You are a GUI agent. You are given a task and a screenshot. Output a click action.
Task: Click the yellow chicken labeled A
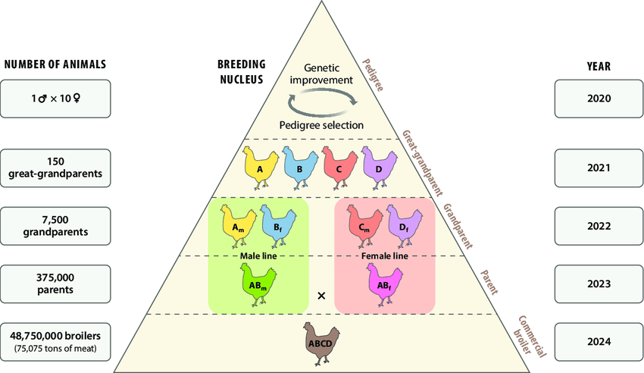(x=260, y=168)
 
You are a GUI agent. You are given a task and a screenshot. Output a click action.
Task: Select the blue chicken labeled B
(x=300, y=168)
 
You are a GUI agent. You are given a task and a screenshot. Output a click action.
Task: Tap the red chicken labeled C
(x=339, y=168)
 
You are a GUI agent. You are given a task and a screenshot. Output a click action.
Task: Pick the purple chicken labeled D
(x=379, y=168)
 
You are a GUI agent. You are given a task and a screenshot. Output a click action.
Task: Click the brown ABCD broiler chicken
(x=321, y=343)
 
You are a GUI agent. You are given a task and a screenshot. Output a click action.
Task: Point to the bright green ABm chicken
(x=258, y=285)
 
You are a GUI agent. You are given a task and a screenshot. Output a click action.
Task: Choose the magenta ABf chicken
(x=384, y=285)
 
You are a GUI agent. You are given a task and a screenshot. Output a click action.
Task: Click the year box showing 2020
(x=599, y=99)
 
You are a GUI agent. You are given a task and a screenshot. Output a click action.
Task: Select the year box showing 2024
(x=599, y=342)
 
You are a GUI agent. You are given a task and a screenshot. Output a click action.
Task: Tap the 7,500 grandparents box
(x=55, y=226)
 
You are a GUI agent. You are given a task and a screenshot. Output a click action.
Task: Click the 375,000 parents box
(x=55, y=284)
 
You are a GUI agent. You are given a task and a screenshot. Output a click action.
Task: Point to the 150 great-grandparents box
(x=55, y=168)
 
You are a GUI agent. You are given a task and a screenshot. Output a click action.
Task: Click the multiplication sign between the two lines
(x=321, y=296)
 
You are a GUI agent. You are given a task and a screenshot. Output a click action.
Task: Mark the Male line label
(x=258, y=256)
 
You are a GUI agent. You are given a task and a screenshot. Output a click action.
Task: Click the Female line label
(x=385, y=256)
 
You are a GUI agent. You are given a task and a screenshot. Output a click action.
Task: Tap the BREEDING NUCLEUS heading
(x=242, y=72)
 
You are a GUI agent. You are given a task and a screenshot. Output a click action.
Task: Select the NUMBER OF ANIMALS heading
(x=55, y=64)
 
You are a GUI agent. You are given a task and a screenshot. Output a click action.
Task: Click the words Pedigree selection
(x=321, y=125)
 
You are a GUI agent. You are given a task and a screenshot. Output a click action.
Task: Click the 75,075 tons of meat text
(x=55, y=349)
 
